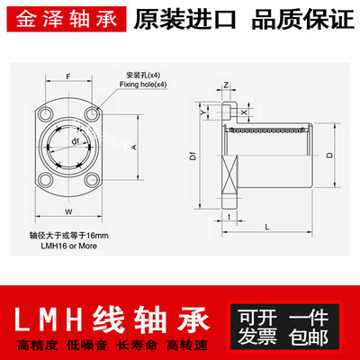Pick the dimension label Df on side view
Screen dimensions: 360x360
point(193,156)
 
